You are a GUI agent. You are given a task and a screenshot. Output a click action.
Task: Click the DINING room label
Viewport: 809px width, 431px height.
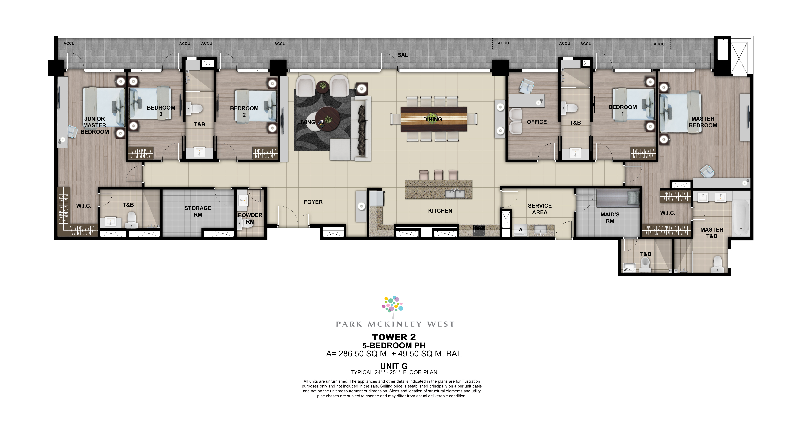[432, 119]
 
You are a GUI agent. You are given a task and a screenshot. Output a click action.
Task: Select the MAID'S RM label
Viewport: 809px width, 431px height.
[610, 218]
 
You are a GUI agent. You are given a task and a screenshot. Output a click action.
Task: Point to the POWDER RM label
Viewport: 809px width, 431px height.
[250, 218]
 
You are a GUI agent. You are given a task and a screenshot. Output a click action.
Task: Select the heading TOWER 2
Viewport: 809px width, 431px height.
[394, 337]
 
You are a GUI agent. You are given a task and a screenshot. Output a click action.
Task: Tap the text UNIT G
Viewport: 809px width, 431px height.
[394, 366]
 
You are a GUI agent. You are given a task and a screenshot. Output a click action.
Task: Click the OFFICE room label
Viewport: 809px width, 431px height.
[537, 122]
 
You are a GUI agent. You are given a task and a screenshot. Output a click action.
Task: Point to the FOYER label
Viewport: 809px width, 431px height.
[313, 202]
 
